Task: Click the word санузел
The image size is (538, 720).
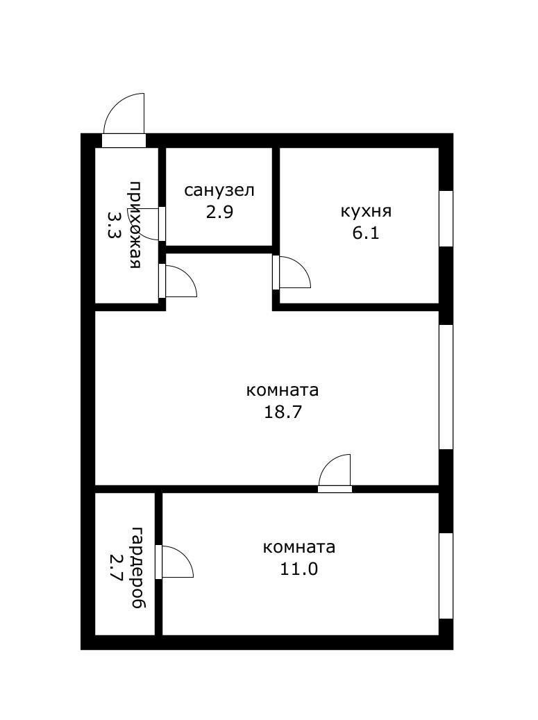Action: click(219, 190)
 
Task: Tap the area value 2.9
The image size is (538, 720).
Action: click(219, 212)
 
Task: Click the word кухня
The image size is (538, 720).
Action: click(366, 211)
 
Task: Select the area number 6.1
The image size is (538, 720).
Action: click(366, 233)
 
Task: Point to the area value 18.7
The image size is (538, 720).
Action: click(283, 412)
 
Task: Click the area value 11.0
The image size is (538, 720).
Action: click(299, 569)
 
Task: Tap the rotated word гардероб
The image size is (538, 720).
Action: click(138, 568)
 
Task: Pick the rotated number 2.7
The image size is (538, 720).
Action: click(116, 568)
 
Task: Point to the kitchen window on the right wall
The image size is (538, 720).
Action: click(446, 218)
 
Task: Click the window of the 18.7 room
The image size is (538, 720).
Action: click(446, 386)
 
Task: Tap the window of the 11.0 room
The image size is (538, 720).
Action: click(446, 575)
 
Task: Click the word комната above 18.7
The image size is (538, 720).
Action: click(283, 390)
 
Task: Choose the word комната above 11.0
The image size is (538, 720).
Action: click(299, 547)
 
